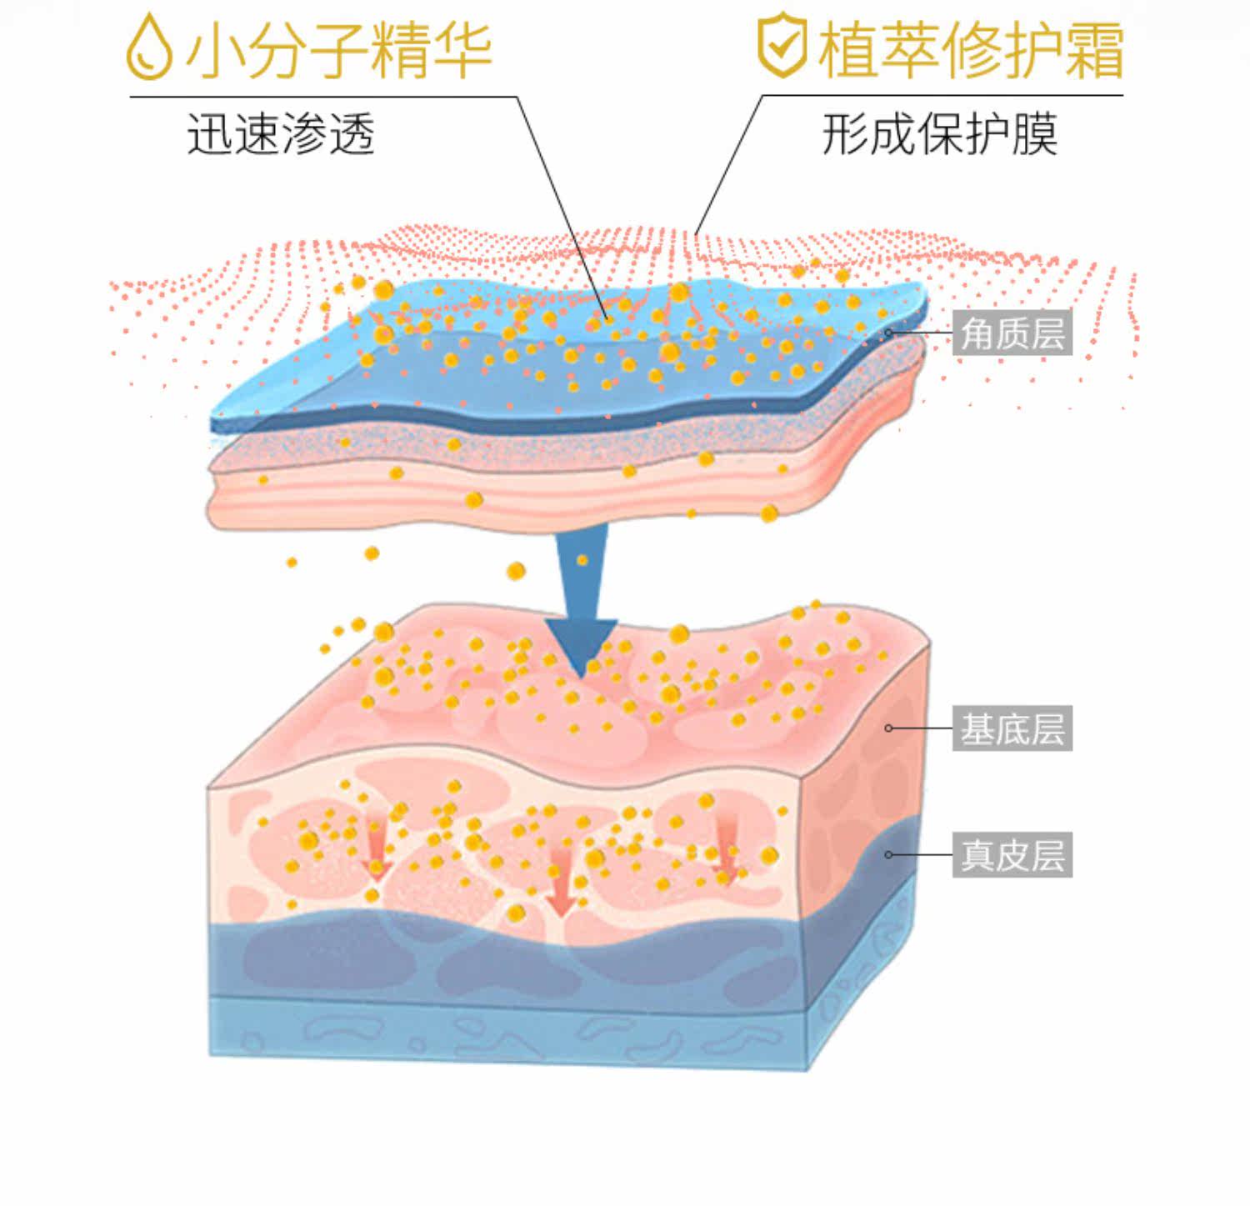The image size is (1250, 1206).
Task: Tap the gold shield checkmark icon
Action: coord(781,47)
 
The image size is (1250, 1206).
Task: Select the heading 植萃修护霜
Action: coord(971,48)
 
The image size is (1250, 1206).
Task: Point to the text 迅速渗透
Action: coord(281,134)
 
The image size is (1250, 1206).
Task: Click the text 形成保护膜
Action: coord(940,133)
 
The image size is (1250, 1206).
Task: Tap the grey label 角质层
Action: coord(1012,333)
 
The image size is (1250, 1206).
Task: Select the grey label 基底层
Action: coord(1012,728)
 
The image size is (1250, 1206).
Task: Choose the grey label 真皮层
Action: coord(1012,855)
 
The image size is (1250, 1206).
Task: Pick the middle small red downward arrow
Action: coord(562,879)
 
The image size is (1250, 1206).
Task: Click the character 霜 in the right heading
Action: coord(1092,48)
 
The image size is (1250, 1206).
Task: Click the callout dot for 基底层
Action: coord(888,728)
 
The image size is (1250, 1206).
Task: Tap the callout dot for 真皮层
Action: coord(888,855)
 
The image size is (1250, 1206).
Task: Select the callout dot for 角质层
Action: coord(888,333)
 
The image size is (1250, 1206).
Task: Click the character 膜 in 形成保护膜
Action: coord(1034,133)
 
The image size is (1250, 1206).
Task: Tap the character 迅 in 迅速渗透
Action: coord(208,134)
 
